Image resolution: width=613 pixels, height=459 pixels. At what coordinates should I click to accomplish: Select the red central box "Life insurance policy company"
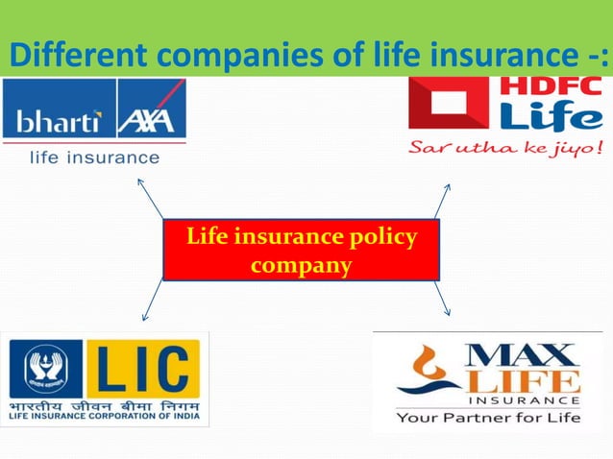click(301, 250)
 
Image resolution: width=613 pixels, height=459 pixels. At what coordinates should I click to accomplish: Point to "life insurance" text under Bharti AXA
click(93, 157)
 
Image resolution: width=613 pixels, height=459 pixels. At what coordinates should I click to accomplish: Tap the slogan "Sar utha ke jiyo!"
click(506, 149)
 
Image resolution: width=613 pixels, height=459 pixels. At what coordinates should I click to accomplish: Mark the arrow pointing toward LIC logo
click(152, 301)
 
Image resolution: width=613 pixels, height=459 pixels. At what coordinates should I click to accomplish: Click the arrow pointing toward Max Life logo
click(442, 298)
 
